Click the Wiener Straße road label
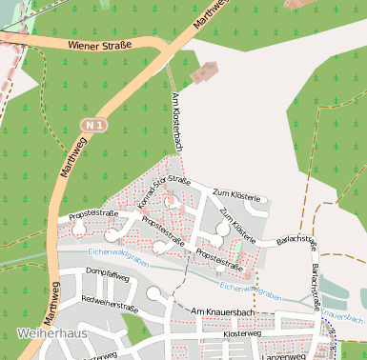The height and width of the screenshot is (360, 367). (99, 43)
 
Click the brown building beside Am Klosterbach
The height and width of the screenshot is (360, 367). (206, 71)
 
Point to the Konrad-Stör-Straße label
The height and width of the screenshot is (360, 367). (165, 191)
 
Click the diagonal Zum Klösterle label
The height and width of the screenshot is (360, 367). (237, 223)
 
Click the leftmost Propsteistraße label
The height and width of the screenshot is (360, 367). (93, 214)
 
